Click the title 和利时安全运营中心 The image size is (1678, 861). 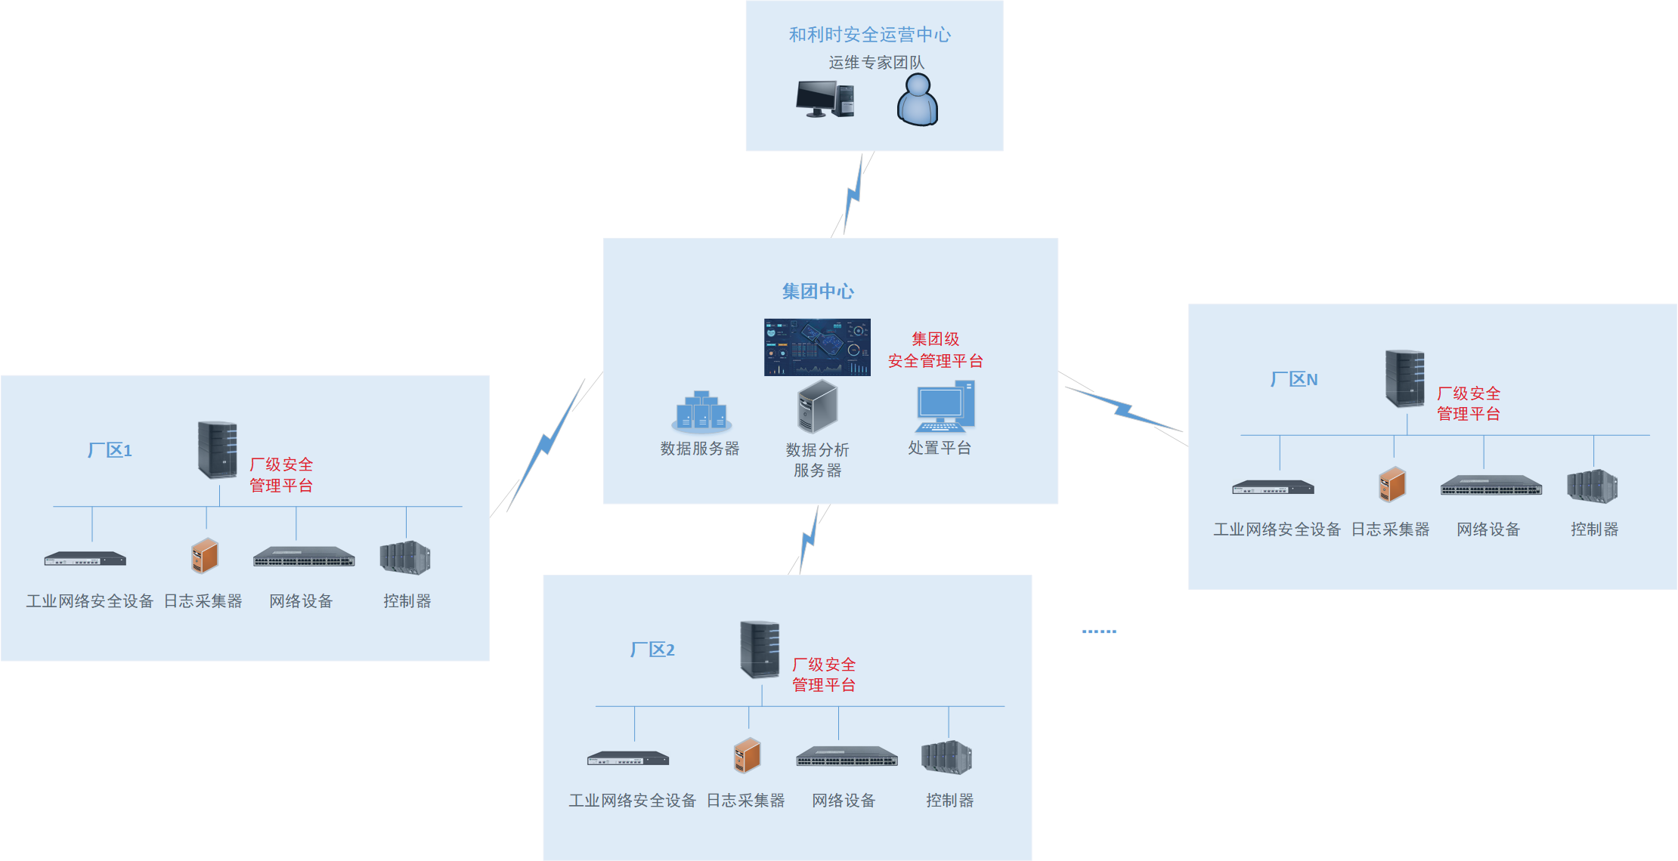coord(869,35)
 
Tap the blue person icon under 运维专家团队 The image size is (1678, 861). coord(918,100)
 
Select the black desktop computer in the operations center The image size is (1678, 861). coord(825,99)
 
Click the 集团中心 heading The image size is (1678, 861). coord(818,292)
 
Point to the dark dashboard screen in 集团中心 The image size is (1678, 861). coord(817,347)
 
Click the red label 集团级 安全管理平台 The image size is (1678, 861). coord(935,350)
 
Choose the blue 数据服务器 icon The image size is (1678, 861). coord(701,411)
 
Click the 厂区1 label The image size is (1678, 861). coord(110,451)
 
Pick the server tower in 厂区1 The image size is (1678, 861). coord(217,450)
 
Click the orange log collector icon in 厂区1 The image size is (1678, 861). coord(205,557)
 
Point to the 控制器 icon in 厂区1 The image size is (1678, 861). coord(405,558)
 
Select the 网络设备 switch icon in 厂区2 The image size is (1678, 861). coord(847,757)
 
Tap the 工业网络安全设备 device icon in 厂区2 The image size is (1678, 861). coord(628,758)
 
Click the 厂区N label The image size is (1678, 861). coord(1294,380)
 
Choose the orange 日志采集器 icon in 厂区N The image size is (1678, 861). coord(1392,484)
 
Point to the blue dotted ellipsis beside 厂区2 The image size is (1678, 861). coord(1099,631)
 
